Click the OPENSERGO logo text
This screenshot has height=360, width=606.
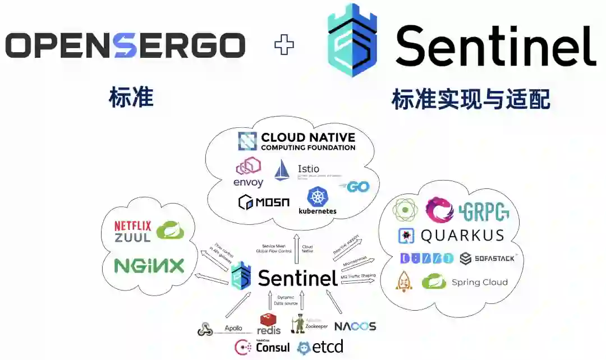tap(125, 45)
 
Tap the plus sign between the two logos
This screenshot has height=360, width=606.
tap(284, 45)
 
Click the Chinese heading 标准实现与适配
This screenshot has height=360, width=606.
tap(471, 100)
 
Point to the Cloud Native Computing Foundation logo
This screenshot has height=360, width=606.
tap(297, 141)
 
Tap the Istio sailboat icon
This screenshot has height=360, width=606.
tap(282, 170)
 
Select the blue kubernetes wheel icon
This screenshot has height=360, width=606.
tap(318, 197)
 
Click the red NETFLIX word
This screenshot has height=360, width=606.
tap(133, 226)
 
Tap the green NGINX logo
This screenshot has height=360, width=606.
tap(149, 266)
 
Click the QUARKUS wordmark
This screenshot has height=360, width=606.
tap(462, 236)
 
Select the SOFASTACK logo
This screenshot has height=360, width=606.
tap(488, 259)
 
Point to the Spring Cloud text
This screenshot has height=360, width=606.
tap(479, 282)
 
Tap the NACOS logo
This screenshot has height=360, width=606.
tap(355, 326)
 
